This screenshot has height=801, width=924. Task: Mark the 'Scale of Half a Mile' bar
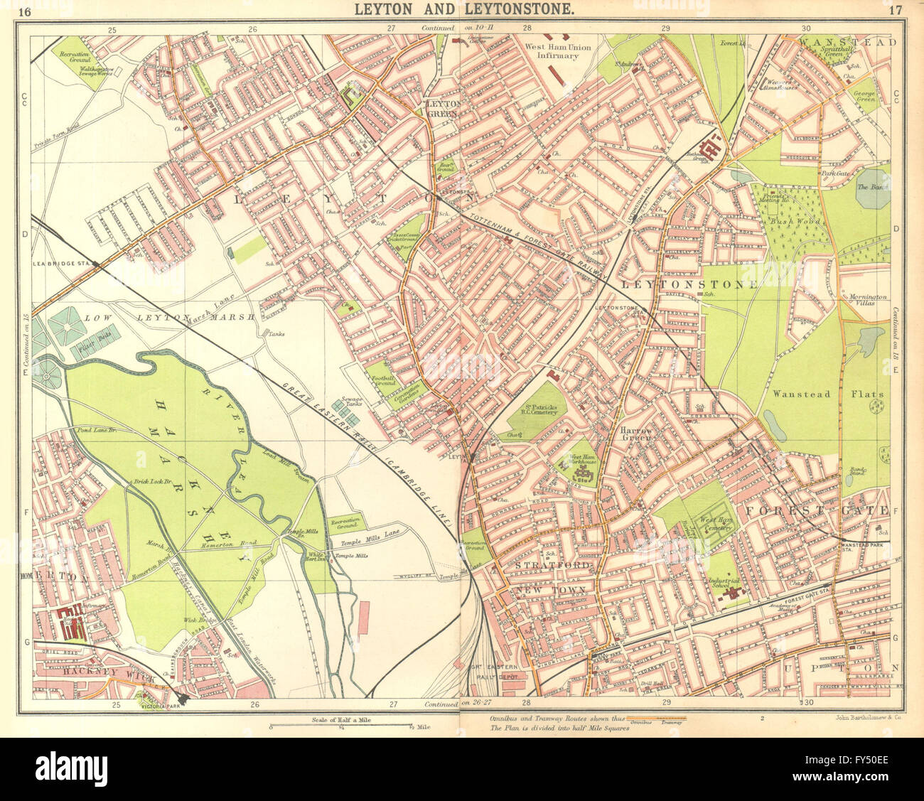pos(342,726)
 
